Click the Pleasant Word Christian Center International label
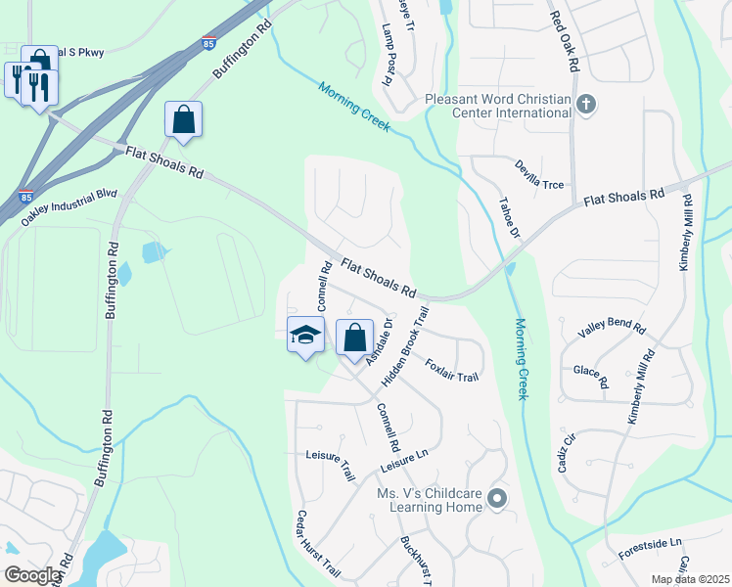498,106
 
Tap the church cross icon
586,105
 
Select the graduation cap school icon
305,335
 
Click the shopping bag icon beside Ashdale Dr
354,339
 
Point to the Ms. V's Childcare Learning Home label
430,500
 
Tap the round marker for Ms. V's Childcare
497,500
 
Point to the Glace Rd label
590,376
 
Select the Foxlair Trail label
452,370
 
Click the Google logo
33,575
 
